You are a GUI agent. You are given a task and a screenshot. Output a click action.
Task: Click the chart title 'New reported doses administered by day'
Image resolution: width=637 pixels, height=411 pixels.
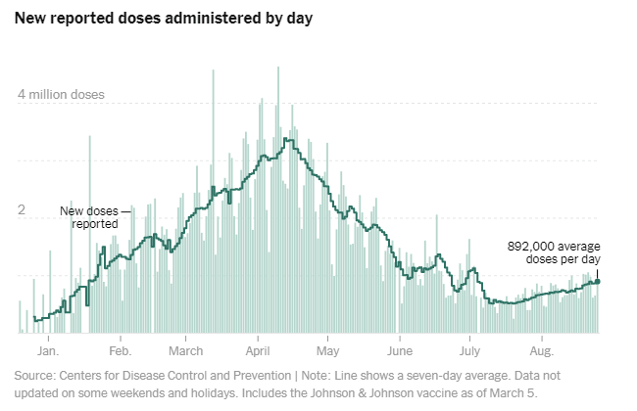pos(162,19)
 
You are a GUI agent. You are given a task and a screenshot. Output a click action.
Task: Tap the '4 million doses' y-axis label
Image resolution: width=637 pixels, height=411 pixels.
pos(74,96)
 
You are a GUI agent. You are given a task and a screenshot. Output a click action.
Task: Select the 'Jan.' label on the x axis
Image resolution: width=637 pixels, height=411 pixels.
pos(48,349)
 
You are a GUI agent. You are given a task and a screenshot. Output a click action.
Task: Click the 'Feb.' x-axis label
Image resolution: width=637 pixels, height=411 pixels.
pos(120,349)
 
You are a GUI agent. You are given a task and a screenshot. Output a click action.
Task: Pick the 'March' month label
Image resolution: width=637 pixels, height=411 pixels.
pos(185,349)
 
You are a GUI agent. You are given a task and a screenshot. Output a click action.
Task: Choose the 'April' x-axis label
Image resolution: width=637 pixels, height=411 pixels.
pos(258,349)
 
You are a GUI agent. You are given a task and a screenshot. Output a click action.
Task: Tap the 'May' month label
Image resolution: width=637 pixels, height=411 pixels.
pos(327,349)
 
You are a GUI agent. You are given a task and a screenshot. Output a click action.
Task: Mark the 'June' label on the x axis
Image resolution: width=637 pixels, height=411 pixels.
pos(401,349)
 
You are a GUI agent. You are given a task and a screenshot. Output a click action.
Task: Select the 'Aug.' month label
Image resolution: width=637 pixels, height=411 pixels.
pos(542,349)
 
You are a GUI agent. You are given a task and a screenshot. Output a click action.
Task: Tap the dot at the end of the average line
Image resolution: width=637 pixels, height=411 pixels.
pos(598,282)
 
